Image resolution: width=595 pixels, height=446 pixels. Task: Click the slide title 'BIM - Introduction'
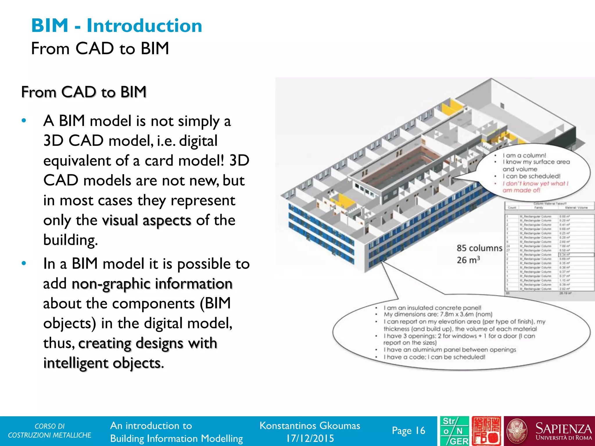pos(117,26)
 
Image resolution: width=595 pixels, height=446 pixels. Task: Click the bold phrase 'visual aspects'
pos(146,220)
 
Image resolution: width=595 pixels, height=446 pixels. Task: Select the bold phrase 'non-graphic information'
pos(152,284)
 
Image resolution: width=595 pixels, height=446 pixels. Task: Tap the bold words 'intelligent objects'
pos(102,363)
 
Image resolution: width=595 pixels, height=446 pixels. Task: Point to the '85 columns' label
pos(479,248)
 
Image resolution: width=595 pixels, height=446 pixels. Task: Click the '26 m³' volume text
pos(468,260)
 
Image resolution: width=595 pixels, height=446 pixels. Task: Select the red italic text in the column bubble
pos(535,187)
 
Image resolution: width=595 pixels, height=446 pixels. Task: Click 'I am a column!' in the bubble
pos(524,155)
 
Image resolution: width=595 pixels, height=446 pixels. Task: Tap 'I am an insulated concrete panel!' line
pos(432,307)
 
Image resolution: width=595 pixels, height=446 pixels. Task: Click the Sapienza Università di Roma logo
pos(549,431)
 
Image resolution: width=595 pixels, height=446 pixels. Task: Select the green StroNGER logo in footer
pos(454,431)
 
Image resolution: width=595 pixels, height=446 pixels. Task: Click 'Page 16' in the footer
pos(408,430)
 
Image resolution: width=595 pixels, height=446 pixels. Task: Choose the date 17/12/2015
pos(310,438)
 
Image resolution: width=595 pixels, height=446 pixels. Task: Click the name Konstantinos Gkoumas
pos(310,426)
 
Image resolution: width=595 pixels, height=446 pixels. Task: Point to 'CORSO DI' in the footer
pos(49,426)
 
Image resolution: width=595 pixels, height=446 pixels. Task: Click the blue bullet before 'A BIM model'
pos(24,121)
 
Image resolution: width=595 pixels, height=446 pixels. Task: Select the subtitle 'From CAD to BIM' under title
pos(100,48)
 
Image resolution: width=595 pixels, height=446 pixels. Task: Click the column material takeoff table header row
pos(549,207)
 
